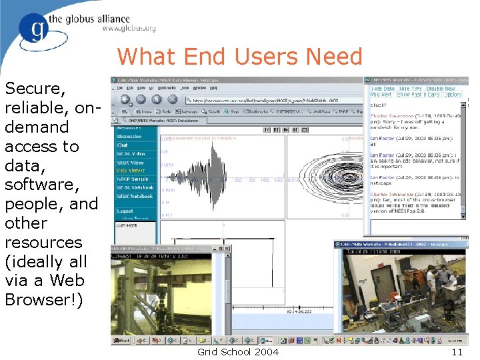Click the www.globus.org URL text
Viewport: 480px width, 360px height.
(129, 29)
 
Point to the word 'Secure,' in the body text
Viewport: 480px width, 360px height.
(35, 89)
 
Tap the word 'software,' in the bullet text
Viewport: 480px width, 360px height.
(41, 185)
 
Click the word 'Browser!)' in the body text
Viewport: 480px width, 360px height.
(44, 300)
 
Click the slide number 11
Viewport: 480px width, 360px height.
(457, 351)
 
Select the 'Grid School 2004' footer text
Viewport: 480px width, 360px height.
(238, 351)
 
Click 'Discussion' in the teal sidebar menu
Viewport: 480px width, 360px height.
(129, 137)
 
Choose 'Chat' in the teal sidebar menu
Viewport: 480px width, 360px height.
(123, 145)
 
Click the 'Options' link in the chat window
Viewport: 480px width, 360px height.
(453, 95)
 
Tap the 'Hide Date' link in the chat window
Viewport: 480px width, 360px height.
(383, 88)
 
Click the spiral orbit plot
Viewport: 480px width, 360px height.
(319, 176)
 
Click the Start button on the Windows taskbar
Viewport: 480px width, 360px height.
(122, 341)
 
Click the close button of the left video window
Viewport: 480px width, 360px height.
(227, 248)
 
